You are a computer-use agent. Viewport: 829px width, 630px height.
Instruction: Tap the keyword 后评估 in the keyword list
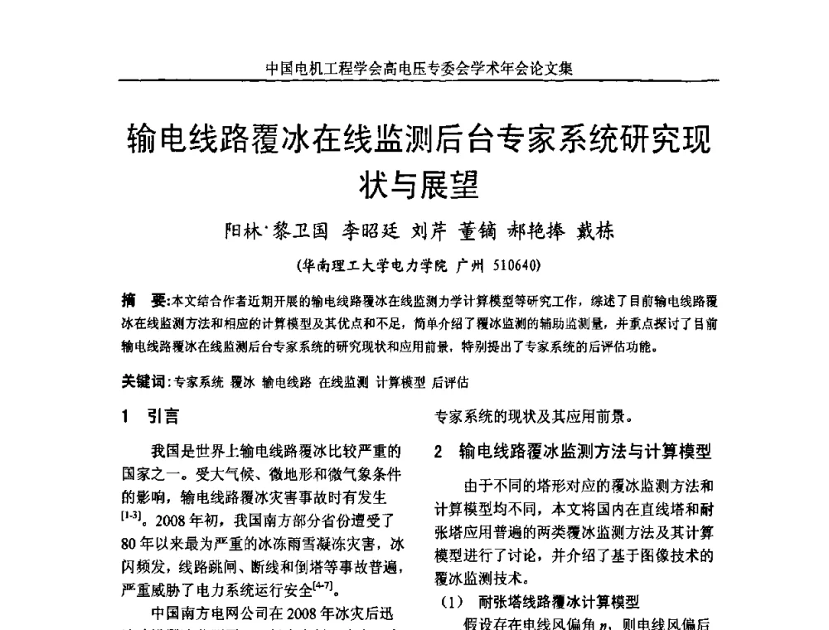(x=450, y=382)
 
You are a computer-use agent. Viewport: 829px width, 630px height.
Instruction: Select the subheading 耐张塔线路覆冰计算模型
(x=560, y=603)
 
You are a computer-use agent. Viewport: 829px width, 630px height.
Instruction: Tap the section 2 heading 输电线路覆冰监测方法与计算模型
(x=584, y=452)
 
